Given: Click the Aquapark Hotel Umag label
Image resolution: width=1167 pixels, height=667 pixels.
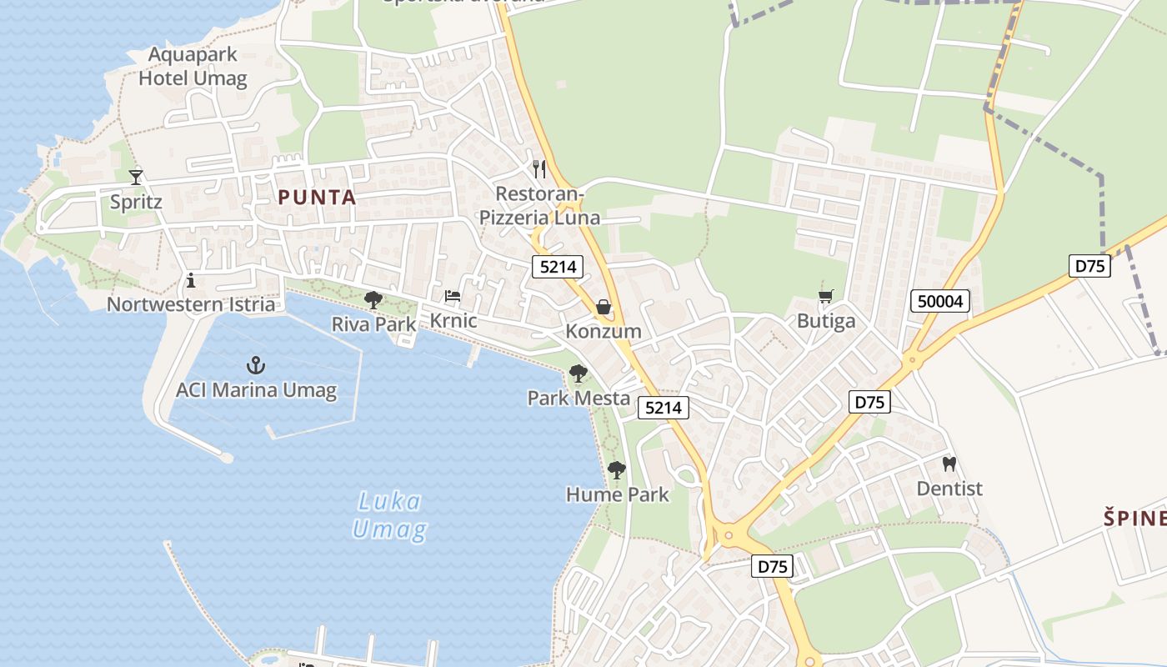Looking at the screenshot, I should tap(193, 67).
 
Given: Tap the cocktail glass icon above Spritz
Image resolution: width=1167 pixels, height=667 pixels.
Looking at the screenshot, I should tap(136, 177).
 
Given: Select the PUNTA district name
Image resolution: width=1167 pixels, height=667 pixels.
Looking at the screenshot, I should tap(317, 198).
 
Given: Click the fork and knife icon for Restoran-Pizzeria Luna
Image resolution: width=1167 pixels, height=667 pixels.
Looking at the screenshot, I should tap(539, 169).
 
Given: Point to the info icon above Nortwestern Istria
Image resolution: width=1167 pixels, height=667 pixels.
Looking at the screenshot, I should tap(191, 280).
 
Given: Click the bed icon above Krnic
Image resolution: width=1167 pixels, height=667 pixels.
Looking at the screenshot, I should tap(453, 296).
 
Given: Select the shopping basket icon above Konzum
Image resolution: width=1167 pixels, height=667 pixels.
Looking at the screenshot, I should tap(604, 308).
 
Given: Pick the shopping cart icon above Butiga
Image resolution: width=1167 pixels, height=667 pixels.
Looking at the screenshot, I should tap(826, 297).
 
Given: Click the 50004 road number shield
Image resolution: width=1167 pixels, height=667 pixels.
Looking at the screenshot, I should tap(940, 301).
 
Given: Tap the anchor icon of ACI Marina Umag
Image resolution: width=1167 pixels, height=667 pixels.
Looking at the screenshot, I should tap(256, 364).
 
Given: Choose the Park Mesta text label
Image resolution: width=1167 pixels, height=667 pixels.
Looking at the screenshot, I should tap(578, 399).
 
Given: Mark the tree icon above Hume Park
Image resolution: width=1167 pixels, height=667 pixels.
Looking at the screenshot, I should tap(617, 470).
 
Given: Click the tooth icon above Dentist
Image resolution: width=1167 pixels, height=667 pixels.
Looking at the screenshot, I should tap(949, 464).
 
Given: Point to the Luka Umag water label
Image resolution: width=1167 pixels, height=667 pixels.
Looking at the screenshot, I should tap(389, 515).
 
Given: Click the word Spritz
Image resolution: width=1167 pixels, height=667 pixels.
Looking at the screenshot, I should tap(136, 203).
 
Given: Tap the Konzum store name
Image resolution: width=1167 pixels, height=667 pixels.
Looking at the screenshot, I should tap(604, 331).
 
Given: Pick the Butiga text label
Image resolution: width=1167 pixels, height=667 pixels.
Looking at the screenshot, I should tap(826, 321).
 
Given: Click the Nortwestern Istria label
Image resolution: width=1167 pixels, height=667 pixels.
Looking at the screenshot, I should tap(191, 304).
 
